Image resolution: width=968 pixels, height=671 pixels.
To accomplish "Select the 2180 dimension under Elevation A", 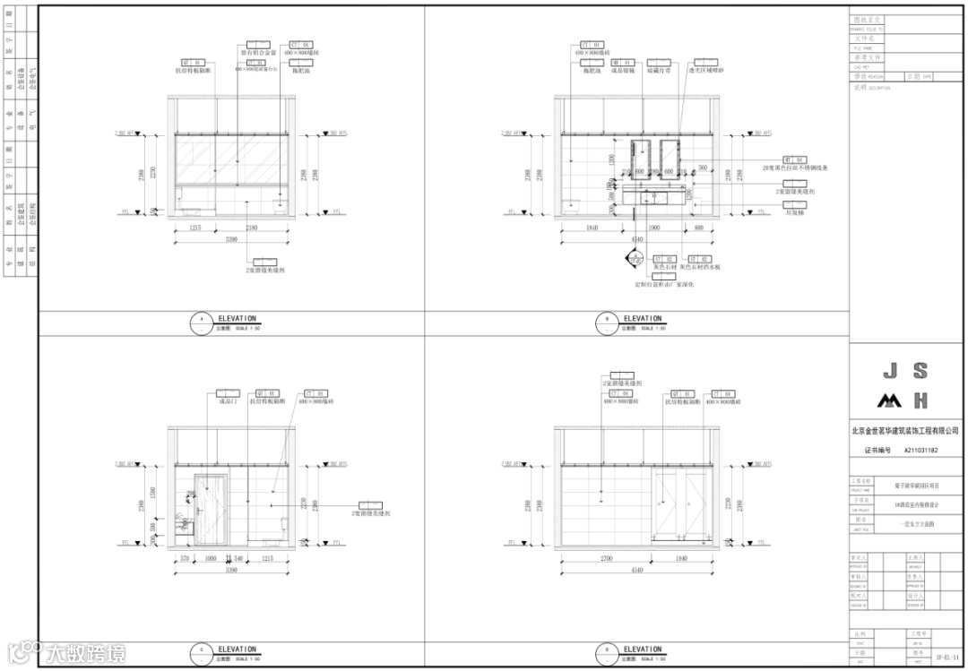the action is pyautogui.click(x=251, y=229).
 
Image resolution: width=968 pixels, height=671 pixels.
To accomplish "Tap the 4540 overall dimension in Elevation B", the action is pyautogui.click(x=636, y=240).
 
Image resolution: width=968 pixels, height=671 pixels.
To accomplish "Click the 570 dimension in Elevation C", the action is pyautogui.click(x=184, y=559).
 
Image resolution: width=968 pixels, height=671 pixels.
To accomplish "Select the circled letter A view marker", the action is pyautogui.click(x=203, y=322).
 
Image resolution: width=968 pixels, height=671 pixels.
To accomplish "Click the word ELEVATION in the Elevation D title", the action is pyautogui.click(x=643, y=649).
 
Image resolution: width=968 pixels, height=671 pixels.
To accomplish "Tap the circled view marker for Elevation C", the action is pyautogui.click(x=203, y=653).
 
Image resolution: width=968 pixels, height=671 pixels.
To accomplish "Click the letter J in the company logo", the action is pyautogui.click(x=890, y=371).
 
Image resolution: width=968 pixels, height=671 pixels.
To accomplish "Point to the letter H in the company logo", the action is pyautogui.click(x=920, y=400).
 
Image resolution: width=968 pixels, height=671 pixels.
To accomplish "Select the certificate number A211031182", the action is pyautogui.click(x=921, y=451).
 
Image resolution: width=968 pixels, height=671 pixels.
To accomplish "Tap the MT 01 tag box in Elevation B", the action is pyautogui.click(x=794, y=159).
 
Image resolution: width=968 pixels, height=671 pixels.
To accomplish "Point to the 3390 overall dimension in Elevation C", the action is pyautogui.click(x=231, y=570).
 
